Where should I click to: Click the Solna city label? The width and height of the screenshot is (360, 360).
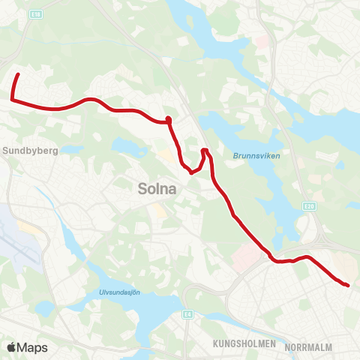[157, 190]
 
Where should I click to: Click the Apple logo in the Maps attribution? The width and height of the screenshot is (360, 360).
[10, 347]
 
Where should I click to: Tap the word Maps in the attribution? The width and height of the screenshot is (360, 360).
[32, 347]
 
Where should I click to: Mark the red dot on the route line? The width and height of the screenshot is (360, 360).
[169, 120]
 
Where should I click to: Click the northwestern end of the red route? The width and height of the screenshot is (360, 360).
[18, 74]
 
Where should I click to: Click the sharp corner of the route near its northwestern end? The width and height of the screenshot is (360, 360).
[12, 98]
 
